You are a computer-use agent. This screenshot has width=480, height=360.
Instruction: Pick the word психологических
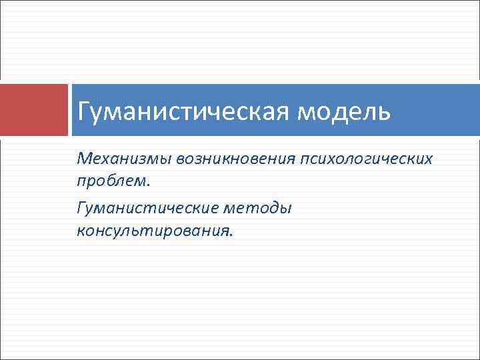coord(366,159)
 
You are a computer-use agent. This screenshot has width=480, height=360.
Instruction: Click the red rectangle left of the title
coord(34,110)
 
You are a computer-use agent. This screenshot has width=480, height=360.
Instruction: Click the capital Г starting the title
coord(83,111)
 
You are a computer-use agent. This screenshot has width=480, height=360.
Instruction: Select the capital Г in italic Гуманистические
coord(81,209)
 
